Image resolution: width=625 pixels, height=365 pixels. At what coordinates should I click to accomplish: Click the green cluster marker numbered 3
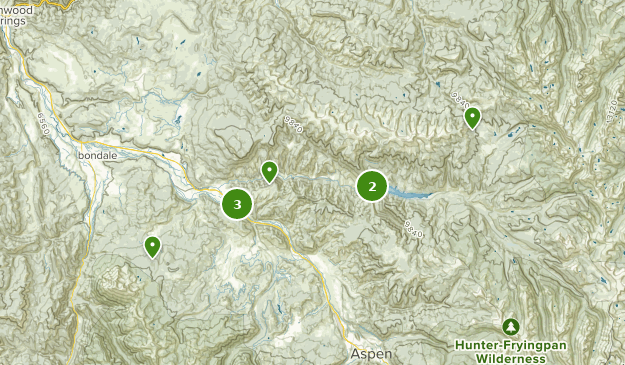(237, 204)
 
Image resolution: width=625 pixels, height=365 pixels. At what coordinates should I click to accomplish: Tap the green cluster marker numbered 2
(372, 185)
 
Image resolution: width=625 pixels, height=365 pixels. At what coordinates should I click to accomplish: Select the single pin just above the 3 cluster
(269, 172)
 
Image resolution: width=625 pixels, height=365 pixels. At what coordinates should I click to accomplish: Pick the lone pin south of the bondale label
(152, 245)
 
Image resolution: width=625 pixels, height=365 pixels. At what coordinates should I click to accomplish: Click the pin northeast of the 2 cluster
(472, 118)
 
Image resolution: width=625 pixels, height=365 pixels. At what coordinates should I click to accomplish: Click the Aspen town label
(370, 355)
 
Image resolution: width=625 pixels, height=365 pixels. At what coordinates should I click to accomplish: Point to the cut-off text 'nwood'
(16, 9)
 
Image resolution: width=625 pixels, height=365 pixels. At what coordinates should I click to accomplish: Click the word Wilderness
(510, 358)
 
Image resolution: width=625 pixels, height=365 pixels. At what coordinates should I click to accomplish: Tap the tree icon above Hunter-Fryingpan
(511, 327)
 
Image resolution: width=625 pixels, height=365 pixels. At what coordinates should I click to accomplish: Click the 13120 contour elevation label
(612, 111)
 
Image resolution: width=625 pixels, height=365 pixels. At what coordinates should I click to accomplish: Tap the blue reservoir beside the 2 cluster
(410, 193)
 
